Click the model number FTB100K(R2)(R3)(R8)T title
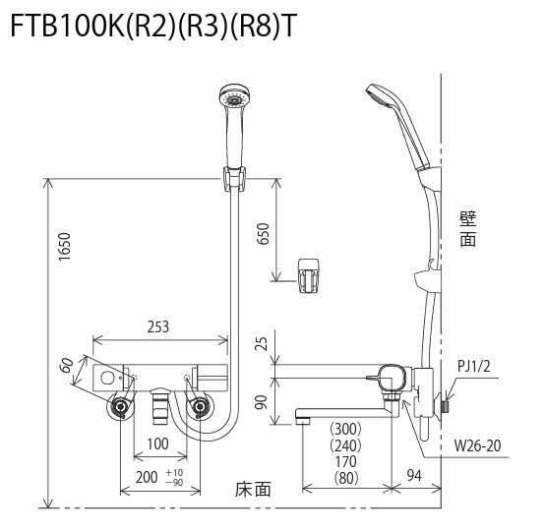(153, 27)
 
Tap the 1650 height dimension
(64, 247)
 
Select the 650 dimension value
(264, 234)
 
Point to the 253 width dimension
(158, 326)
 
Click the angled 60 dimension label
(67, 365)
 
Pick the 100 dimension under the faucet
(158, 443)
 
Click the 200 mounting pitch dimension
(147, 477)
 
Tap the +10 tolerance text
(174, 473)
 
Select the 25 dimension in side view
(264, 343)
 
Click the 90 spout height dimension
(264, 402)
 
